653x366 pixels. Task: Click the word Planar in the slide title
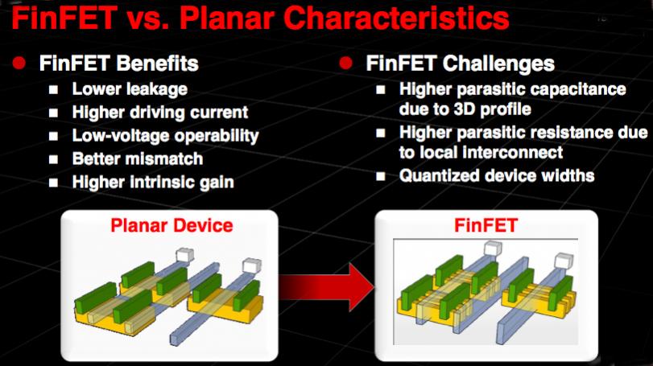[227, 18]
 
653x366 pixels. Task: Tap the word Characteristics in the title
[396, 18]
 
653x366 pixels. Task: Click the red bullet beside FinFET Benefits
[19, 64]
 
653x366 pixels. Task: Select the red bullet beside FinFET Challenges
[345, 64]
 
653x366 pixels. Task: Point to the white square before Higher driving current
[53, 113]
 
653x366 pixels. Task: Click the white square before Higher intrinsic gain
[53, 183]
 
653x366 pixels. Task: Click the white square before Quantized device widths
[381, 176]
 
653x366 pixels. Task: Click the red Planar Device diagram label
[172, 225]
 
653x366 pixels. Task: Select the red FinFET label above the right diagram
[486, 225]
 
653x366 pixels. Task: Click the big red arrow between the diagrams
[327, 287]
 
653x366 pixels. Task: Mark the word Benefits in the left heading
[158, 64]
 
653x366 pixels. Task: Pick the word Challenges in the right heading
[499, 64]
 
